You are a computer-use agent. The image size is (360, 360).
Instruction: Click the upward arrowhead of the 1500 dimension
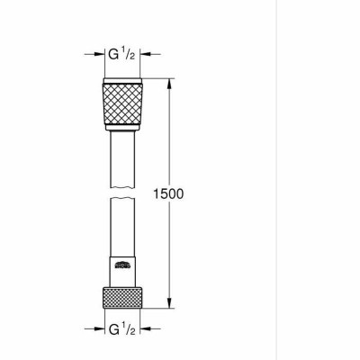click(x=168, y=84)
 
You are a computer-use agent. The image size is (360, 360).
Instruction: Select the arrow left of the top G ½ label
click(x=96, y=55)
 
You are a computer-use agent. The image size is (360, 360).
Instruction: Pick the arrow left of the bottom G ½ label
click(x=96, y=329)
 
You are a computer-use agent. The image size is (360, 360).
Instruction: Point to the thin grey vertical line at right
click(x=275, y=180)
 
